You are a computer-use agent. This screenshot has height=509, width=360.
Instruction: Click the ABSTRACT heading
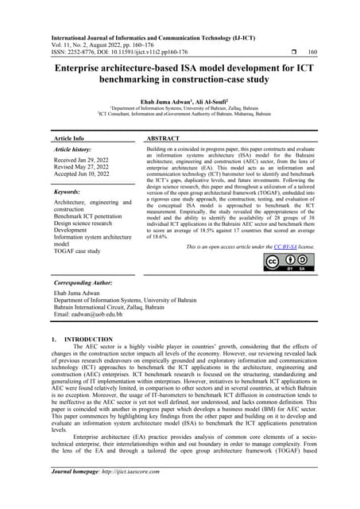click(x=165, y=138)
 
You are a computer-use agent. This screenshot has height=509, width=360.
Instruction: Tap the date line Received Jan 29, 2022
click(x=84, y=160)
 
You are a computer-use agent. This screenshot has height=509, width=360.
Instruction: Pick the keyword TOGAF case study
click(x=77, y=251)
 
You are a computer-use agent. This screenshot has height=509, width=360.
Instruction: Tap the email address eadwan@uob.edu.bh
click(x=89, y=315)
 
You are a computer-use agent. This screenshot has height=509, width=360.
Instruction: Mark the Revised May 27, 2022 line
click(x=85, y=168)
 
